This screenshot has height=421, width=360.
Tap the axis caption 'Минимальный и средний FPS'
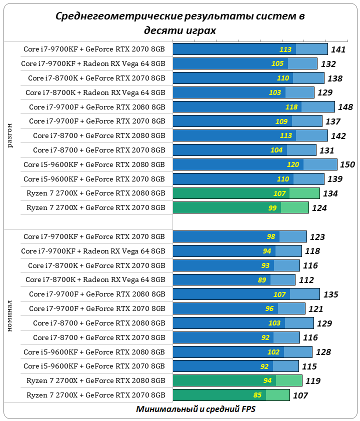click(x=195, y=409)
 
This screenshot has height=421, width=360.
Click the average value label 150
click(x=347, y=165)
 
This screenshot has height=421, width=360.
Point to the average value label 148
click(x=345, y=107)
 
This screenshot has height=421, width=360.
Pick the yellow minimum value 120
click(x=293, y=165)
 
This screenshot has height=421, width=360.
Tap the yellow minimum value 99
click(x=272, y=208)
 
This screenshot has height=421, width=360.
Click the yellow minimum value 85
click(x=257, y=395)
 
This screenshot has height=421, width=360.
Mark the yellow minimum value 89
click(x=261, y=280)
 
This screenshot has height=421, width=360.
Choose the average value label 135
click(x=330, y=294)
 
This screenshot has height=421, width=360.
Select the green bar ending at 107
click(x=231, y=395)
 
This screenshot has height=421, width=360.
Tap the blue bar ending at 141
click(x=250, y=49)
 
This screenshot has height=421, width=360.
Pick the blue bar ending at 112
click(x=234, y=280)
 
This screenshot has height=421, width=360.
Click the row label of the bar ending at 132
click(x=93, y=63)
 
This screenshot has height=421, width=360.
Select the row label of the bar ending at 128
click(x=94, y=351)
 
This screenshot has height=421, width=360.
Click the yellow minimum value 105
click(x=277, y=63)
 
